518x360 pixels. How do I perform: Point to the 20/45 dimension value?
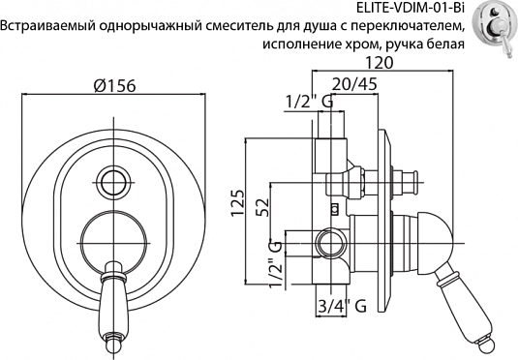click(x=359, y=84)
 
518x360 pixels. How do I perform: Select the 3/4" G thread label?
click(x=340, y=307)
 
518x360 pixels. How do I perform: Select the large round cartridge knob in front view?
click(x=114, y=235)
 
